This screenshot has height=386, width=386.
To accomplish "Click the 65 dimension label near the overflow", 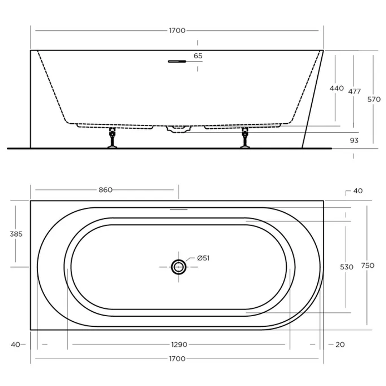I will point(198,56).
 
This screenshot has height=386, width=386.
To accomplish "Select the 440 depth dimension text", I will point(337,88).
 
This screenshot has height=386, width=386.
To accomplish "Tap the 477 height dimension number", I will point(354,91).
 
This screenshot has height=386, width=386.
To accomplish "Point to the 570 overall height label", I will point(374,99).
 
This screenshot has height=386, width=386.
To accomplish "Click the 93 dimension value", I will point(354,140).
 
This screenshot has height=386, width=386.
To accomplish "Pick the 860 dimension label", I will point(105,190).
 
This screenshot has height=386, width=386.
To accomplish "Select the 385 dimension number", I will point(16,234).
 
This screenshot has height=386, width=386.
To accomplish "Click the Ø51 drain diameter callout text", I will point(203,258).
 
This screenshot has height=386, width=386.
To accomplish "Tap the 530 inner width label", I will point(346,267).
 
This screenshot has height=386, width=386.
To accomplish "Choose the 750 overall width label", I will point(367,265).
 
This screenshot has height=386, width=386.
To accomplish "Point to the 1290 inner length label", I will point(179,345).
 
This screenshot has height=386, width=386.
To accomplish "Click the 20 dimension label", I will point(340,345).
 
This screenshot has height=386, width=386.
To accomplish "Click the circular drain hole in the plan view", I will point(178,267).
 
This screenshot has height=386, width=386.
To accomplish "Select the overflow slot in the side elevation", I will point(177,61).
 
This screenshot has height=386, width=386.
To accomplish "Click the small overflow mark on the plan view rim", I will point(178,209).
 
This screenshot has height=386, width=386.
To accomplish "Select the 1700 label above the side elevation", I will point(177,30).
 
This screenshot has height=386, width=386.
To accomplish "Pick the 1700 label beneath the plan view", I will point(177,358).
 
